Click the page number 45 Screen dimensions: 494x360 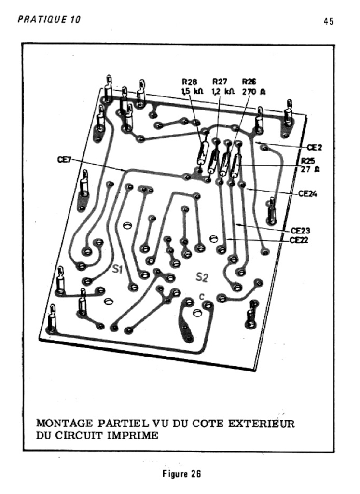point(329,22)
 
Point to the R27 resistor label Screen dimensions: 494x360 point(220,82)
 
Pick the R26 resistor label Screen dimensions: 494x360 point(249,82)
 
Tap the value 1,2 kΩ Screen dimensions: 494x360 point(222,91)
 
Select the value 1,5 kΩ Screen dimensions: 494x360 point(192,91)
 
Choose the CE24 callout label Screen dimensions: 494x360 point(308,194)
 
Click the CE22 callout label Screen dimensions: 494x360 point(299,239)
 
